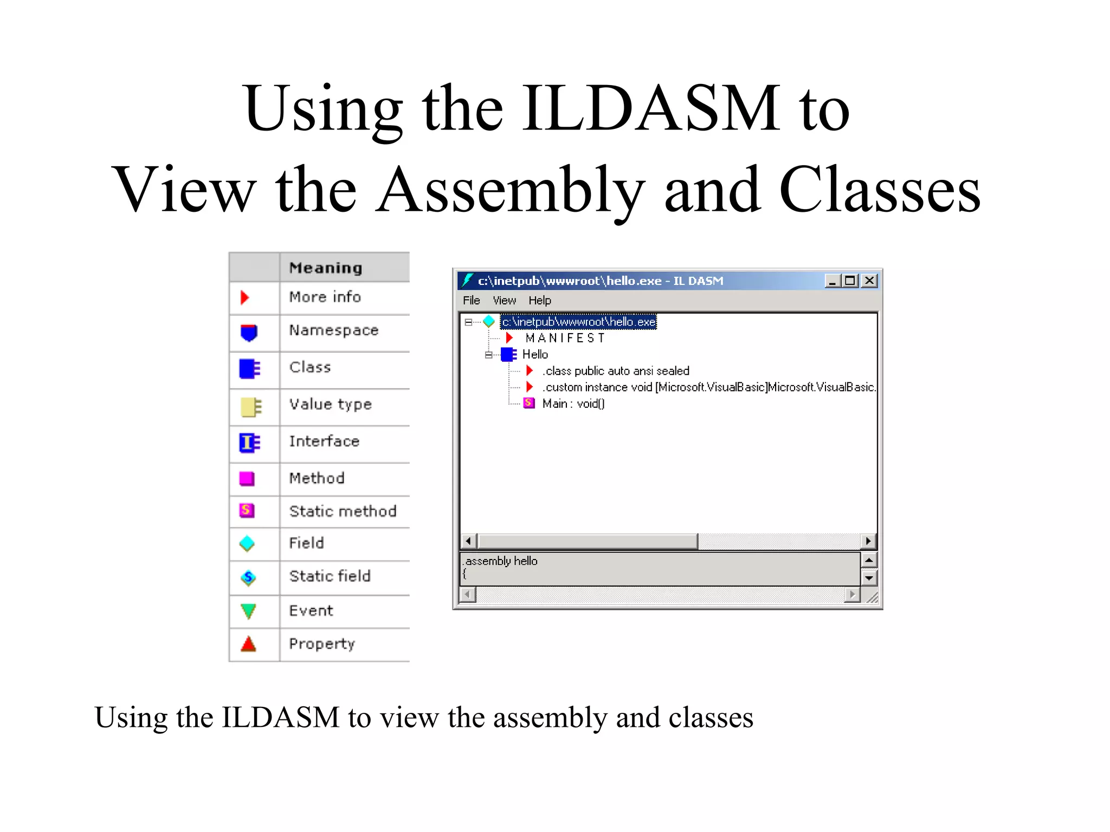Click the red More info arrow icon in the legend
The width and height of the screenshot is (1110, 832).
coord(245,297)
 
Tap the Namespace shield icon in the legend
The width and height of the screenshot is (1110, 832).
coord(249,332)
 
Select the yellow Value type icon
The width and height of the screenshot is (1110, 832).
coord(250,407)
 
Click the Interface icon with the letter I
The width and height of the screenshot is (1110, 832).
coord(249,443)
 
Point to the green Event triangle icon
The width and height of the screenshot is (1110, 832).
coord(248,611)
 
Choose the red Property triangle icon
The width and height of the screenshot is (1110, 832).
coord(248,644)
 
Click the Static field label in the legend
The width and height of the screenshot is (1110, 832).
coord(330,576)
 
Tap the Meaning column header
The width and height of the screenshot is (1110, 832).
coord(325,268)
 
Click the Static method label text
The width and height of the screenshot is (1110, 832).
coord(343,511)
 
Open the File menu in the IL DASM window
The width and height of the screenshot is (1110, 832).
coord(471,300)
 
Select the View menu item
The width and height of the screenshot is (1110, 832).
coord(504,300)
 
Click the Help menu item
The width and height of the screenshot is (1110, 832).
coord(540,300)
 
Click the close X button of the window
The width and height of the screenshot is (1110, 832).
coord(869,281)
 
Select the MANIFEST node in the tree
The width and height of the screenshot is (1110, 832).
coord(565,338)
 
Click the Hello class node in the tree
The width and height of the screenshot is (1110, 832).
coord(535,354)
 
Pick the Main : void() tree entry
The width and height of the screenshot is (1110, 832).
coord(573,404)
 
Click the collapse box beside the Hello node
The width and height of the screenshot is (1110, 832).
coord(489,355)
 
